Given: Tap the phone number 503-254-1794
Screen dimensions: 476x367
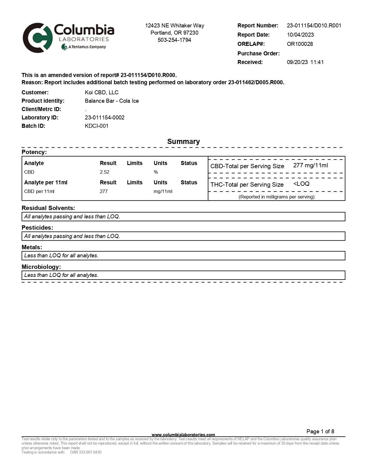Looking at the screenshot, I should click(x=174, y=40).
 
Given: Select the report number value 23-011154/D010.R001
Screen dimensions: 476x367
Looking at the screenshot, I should click(x=314, y=26).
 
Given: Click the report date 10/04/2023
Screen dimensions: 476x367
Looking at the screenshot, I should click(x=300, y=35).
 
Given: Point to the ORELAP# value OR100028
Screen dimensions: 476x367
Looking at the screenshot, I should click(x=300, y=44).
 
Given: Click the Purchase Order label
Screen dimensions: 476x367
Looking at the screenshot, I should click(x=258, y=54).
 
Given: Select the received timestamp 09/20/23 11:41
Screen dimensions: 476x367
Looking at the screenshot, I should click(x=305, y=62).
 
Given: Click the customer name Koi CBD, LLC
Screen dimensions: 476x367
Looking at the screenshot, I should click(x=102, y=93).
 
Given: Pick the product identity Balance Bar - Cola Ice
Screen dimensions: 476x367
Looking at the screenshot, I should click(x=112, y=101).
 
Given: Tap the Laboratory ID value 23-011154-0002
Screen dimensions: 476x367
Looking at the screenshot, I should click(x=104, y=118).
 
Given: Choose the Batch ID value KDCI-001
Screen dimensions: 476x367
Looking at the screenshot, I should click(x=96, y=126).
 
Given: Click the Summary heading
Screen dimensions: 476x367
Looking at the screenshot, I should click(x=183, y=142).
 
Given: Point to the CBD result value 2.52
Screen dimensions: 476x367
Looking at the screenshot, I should click(x=104, y=172).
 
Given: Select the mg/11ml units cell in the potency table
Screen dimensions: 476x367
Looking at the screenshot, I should click(x=163, y=192).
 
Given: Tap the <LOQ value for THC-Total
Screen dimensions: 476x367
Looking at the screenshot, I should click(x=301, y=184).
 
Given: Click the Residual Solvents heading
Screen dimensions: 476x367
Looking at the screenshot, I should click(x=48, y=208).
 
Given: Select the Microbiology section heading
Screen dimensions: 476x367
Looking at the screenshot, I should click(x=41, y=267).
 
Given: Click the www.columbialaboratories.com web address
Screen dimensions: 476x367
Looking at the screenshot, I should click(x=183, y=435).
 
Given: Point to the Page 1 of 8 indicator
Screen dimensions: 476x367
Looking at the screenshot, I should click(x=320, y=432).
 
